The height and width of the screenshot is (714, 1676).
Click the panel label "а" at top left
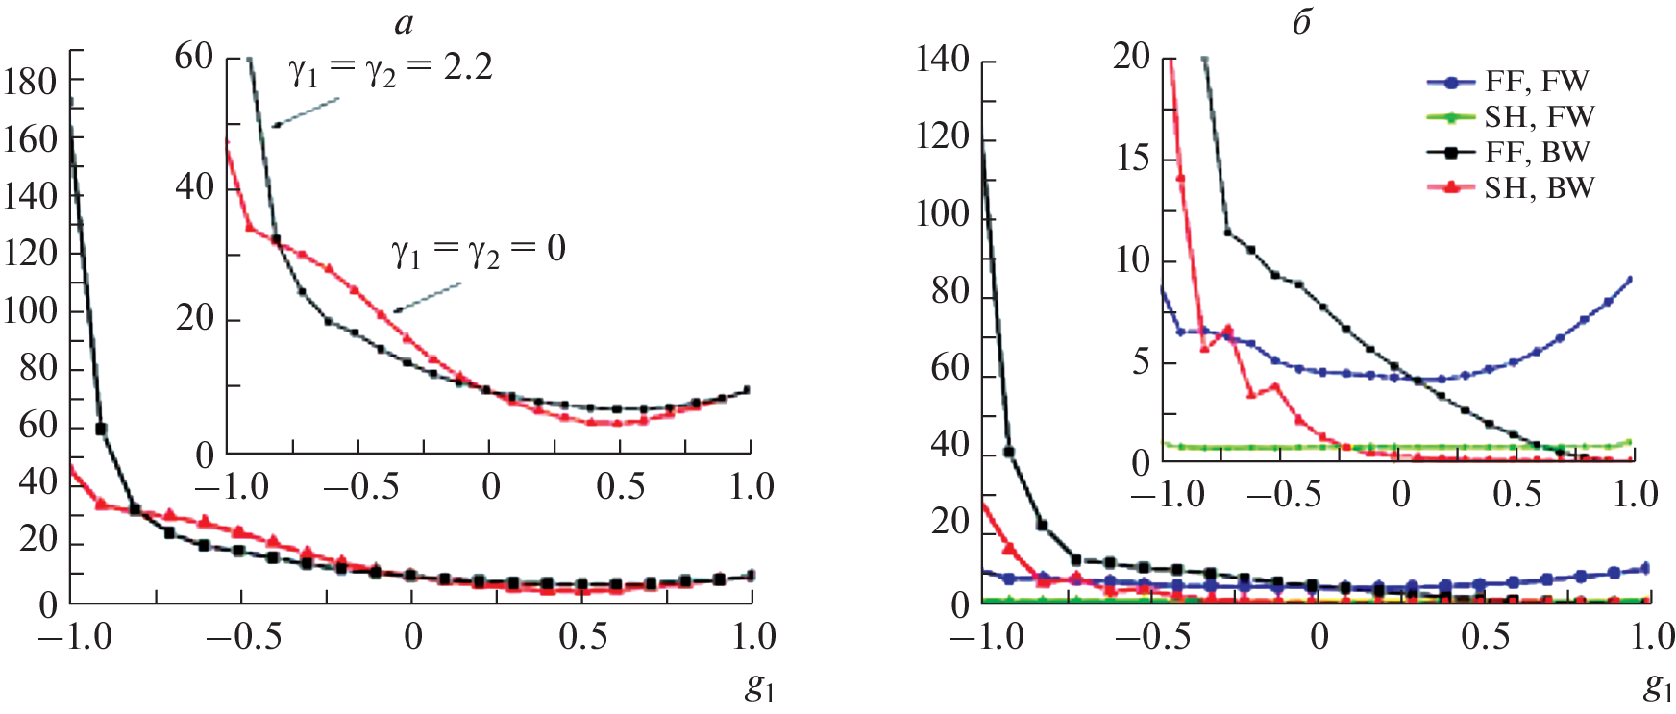[404, 23]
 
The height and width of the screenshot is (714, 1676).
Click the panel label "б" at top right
[1301, 23]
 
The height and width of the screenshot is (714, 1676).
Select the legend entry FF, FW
[1537, 82]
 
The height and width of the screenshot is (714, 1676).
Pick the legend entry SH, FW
[1539, 117]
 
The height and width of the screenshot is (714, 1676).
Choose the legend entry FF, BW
[1537, 152]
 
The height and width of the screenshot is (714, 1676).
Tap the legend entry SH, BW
[1539, 187]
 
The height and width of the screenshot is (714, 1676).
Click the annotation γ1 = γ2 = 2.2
[391, 69]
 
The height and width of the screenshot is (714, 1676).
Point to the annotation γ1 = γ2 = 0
[478, 251]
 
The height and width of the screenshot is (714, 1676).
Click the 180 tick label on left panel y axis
[30, 83]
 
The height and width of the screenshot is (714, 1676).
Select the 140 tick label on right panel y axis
[942, 60]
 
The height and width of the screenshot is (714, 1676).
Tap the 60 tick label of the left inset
[193, 57]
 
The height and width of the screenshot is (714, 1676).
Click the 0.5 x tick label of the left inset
[620, 486]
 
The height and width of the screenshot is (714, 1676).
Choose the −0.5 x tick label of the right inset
[1283, 494]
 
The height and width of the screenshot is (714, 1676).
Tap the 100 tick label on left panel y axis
[30, 311]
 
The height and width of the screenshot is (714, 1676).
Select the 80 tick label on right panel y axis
[949, 291]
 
